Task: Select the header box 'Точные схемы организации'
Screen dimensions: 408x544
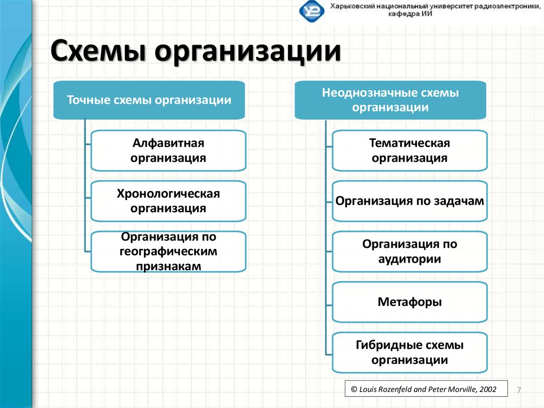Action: [149, 100]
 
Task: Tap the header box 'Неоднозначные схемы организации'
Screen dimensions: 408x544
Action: [390, 100]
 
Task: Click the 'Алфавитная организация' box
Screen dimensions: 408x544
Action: [168, 151]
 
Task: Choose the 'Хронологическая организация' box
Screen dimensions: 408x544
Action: [168, 201]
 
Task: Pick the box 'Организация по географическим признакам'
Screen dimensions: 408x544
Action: [168, 251]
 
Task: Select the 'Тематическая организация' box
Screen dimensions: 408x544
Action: [410, 151]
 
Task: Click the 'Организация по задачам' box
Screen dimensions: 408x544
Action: [410, 201]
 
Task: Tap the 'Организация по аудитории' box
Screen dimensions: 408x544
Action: [410, 252]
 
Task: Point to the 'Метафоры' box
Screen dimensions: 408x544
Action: [410, 302]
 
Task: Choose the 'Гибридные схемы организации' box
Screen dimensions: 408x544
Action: [410, 352]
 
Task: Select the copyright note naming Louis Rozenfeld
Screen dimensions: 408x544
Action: [424, 389]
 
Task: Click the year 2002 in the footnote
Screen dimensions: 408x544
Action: [488, 389]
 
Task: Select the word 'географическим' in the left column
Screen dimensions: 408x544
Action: [168, 251]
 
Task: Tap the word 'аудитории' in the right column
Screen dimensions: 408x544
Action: [410, 259]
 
